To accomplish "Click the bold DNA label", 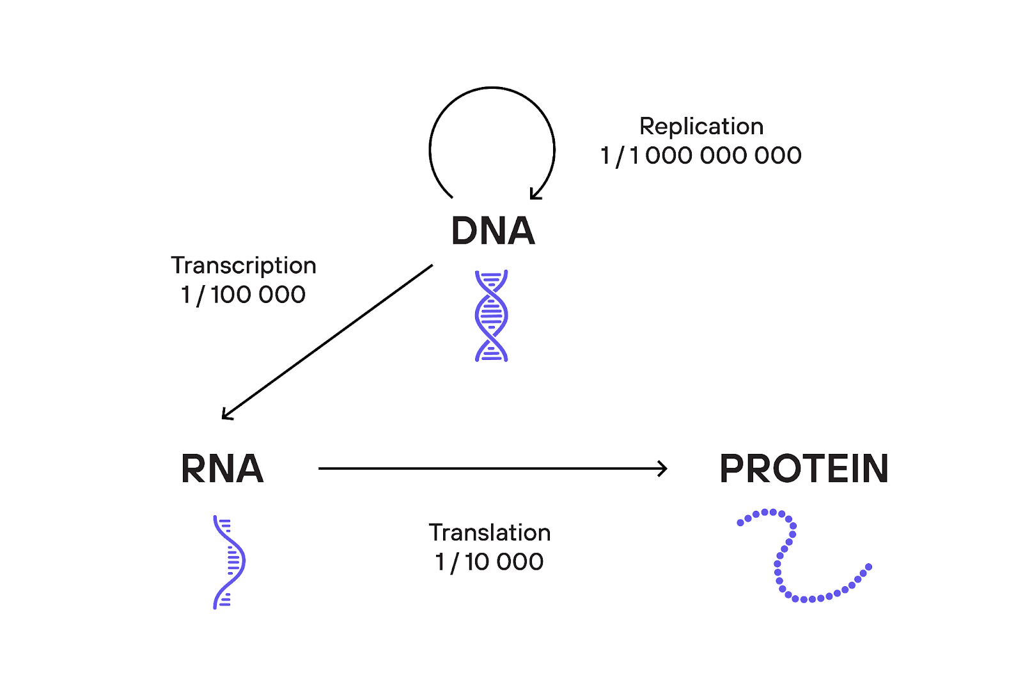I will [492, 231].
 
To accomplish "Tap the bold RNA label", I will [222, 469].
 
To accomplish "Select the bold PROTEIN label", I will [804, 469].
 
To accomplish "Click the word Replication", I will [701, 127].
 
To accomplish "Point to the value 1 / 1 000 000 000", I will [701, 155].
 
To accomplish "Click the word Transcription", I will [244, 265].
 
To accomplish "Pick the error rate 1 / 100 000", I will [244, 295].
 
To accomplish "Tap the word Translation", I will [490, 533].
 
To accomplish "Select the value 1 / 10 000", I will [490, 562].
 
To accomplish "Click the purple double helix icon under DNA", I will [491, 316].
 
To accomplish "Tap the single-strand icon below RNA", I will [228, 562].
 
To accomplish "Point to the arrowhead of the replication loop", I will [535, 194].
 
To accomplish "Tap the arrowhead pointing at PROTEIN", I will [664, 469].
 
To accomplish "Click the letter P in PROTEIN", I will [731, 469].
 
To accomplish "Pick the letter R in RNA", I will [193, 469].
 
